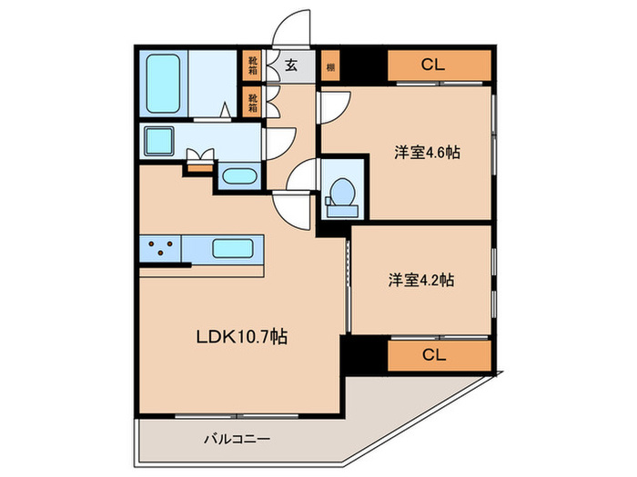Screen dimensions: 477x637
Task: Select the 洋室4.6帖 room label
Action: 426,153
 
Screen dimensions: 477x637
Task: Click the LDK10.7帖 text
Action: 242,337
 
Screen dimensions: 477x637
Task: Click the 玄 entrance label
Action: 291,65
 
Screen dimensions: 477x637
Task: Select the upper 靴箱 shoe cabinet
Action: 253,65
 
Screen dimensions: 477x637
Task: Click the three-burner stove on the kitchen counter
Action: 160,247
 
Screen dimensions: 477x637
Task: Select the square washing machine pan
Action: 160,142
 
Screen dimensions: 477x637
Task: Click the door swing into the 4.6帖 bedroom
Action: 333,104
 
